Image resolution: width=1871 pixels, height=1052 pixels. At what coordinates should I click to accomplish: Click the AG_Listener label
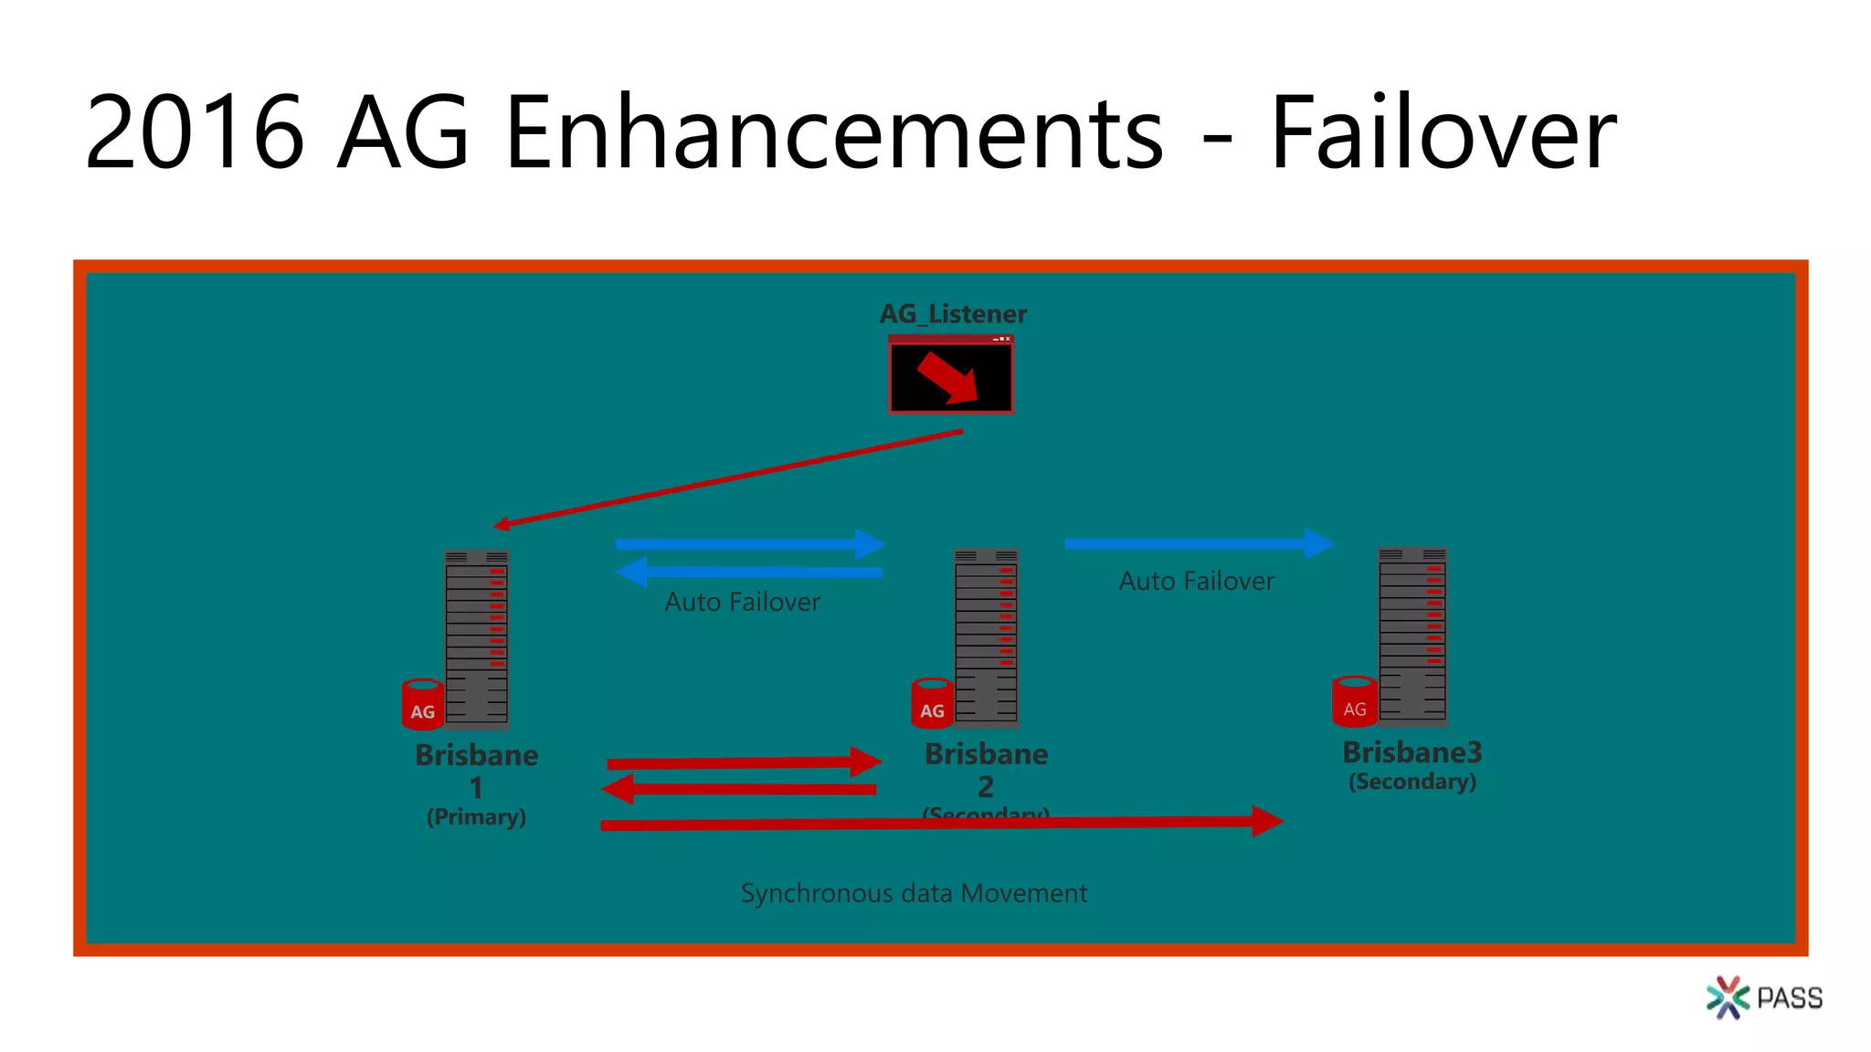click(953, 314)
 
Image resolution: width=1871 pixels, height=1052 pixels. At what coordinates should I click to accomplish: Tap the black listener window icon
click(951, 375)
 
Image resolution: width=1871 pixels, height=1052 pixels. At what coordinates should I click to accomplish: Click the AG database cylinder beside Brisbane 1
click(422, 705)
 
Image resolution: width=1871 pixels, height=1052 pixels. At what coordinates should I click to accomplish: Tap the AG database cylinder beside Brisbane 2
click(932, 704)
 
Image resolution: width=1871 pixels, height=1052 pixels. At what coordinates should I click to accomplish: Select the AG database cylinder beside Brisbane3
click(1354, 702)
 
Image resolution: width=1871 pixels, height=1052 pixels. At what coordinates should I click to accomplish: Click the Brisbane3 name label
click(1411, 752)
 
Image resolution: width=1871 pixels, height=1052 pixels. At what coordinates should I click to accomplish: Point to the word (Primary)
click(476, 816)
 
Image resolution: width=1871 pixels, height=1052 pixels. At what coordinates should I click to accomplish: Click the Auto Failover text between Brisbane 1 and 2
click(742, 602)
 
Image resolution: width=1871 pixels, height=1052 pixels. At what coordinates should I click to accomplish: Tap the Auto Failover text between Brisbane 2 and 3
click(1196, 581)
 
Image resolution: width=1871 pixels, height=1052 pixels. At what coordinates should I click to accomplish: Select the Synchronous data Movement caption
click(914, 893)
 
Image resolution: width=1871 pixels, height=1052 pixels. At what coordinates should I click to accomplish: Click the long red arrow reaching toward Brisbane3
click(941, 823)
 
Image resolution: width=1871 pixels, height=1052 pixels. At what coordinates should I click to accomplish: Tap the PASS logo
click(1764, 997)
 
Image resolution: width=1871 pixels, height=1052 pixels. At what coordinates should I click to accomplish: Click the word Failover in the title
click(1443, 133)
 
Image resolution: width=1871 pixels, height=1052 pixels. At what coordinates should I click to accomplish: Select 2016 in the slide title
click(195, 133)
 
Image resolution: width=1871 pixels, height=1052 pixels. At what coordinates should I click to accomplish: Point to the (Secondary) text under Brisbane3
click(1412, 782)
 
